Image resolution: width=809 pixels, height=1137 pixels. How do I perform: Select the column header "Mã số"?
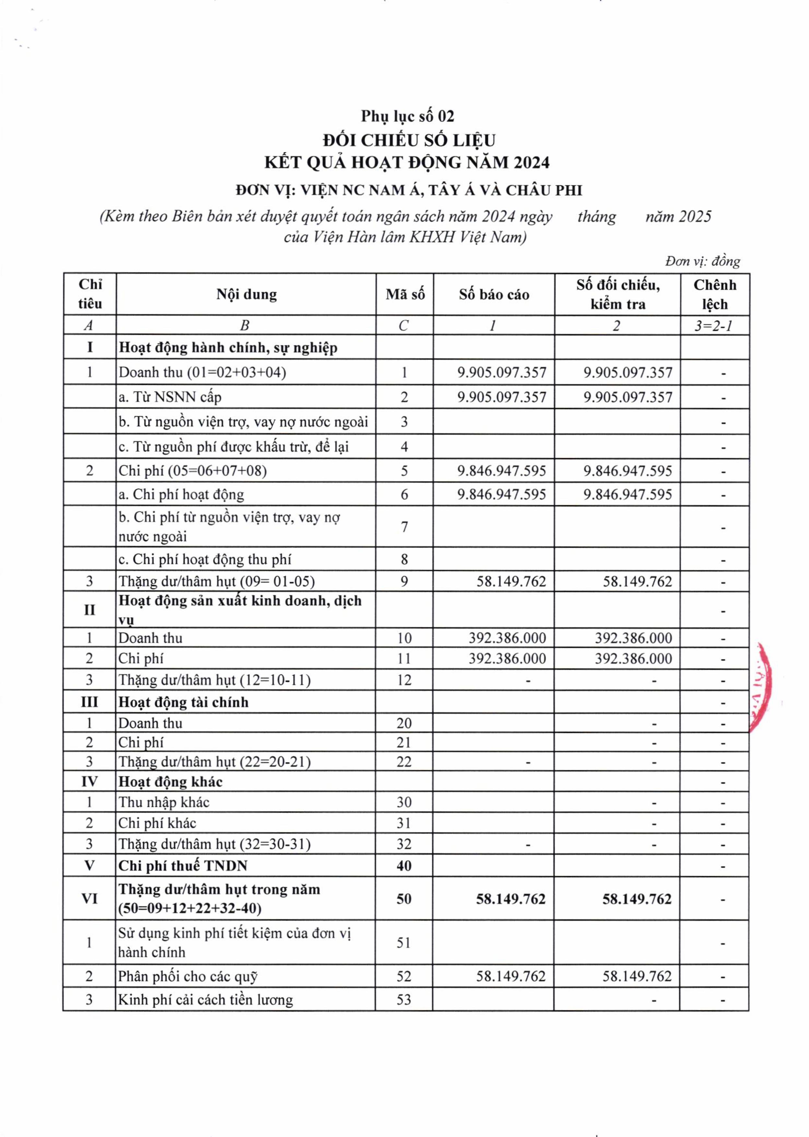(x=405, y=294)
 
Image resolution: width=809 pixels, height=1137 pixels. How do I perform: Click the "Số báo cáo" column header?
(x=494, y=294)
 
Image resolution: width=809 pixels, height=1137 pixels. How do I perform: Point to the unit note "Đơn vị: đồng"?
(x=702, y=261)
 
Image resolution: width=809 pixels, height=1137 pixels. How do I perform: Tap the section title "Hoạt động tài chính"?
(x=183, y=702)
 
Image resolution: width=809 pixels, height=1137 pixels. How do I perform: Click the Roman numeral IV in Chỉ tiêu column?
(x=90, y=782)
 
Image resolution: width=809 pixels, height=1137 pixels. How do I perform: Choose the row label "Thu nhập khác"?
(x=164, y=802)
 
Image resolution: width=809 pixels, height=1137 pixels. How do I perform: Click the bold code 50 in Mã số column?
(x=404, y=899)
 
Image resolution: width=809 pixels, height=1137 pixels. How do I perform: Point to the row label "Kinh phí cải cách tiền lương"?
(x=205, y=1000)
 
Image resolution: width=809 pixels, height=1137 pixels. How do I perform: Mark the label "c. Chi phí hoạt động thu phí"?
(x=205, y=559)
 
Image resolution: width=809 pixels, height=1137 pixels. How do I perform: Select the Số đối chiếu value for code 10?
(x=633, y=638)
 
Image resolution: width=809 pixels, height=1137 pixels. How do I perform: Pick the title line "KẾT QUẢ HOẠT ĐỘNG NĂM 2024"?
(x=407, y=163)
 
